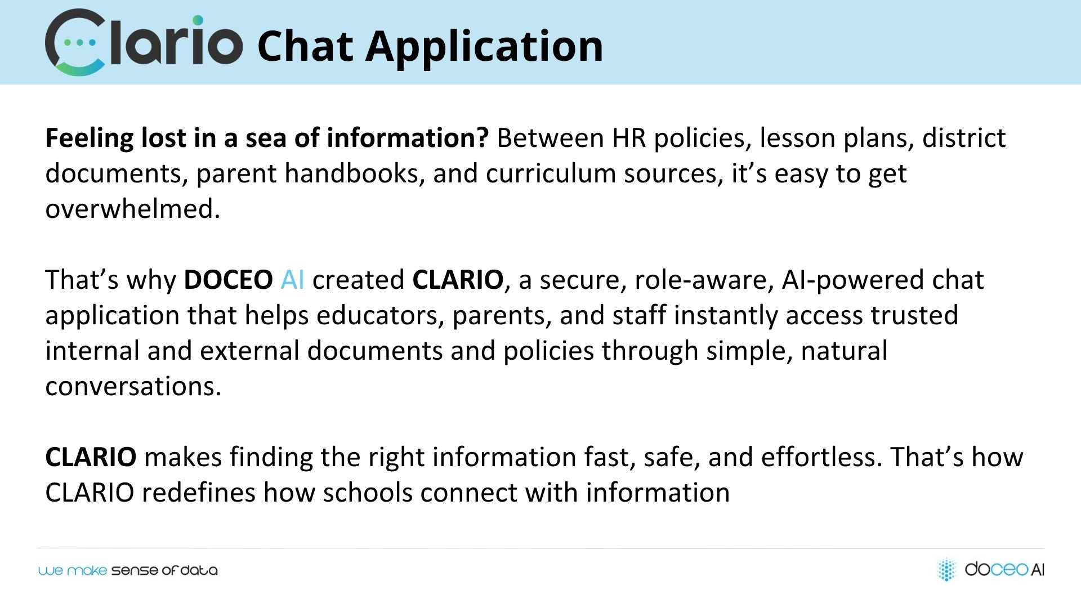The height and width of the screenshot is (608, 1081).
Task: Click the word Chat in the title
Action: [x=305, y=46]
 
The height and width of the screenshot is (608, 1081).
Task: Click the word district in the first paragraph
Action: [x=964, y=138]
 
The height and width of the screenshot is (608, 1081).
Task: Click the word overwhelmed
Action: [x=132, y=209]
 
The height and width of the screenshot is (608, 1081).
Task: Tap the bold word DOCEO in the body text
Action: [x=229, y=280]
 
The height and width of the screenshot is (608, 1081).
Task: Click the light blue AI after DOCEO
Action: [x=292, y=280]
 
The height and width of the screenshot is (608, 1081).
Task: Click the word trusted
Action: [x=914, y=315]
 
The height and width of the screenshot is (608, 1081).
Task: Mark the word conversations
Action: [x=133, y=386]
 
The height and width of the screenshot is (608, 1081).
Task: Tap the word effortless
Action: [x=821, y=457]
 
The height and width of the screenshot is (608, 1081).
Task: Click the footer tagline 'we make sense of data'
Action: [x=128, y=571]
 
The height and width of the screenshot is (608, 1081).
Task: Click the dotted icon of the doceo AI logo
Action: [x=946, y=569]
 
